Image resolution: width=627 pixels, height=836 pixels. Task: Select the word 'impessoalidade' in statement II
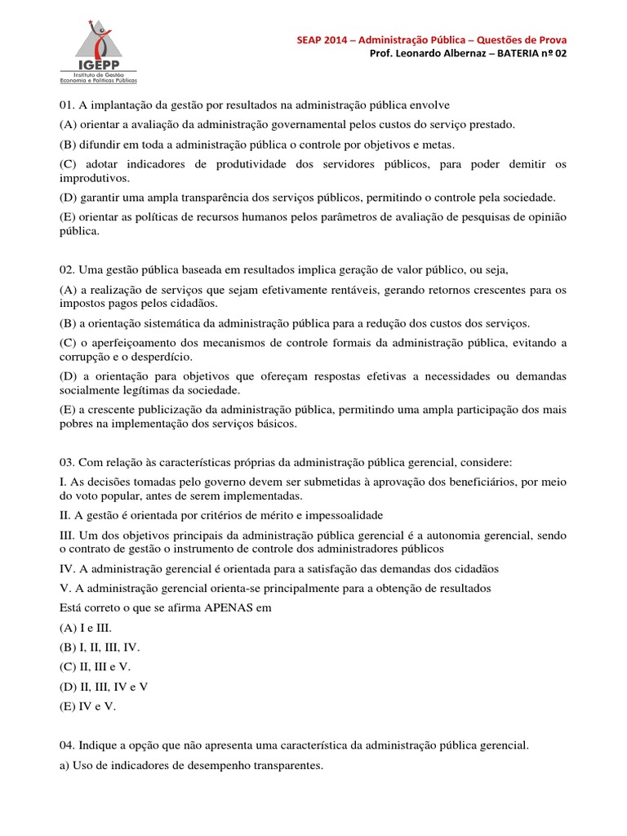click(x=341, y=516)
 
